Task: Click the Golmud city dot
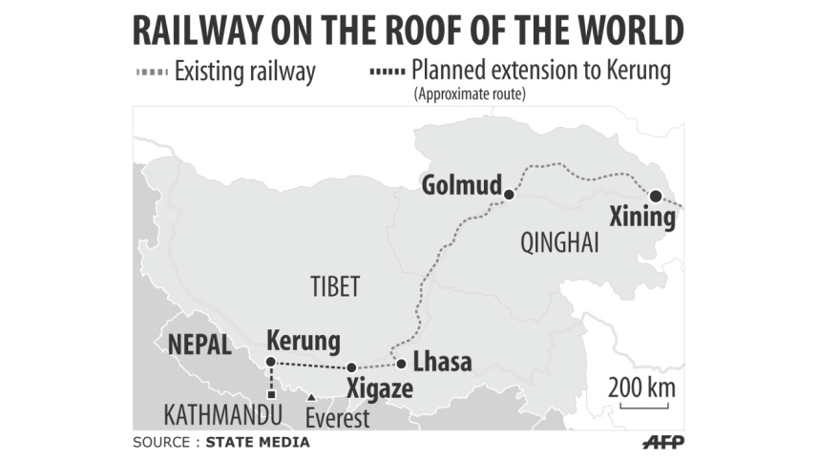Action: [509, 195]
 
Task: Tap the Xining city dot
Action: [656, 196]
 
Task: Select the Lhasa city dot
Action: [402, 363]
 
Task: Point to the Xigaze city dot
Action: [351, 367]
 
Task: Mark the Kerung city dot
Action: [270, 362]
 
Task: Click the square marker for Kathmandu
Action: [271, 394]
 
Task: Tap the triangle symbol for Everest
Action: [310, 397]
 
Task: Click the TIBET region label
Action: [334, 285]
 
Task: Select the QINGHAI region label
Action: [559, 243]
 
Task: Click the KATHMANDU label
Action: [223, 415]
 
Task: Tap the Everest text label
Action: [337, 418]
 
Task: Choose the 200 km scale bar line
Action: [643, 407]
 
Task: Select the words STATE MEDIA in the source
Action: [258, 443]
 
